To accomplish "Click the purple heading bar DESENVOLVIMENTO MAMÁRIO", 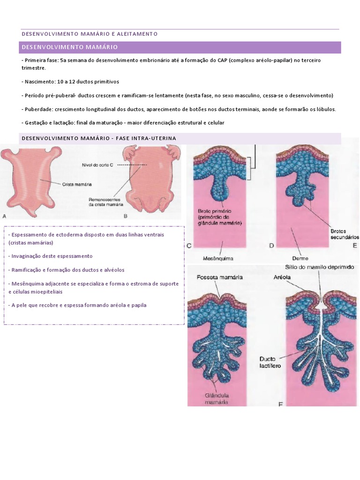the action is pyautogui.click(x=180, y=47).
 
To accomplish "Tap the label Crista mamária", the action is pyautogui.click(x=77, y=184).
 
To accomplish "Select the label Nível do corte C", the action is pyautogui.click(x=97, y=165).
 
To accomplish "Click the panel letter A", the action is pyautogui.click(x=4, y=216).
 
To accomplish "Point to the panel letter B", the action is pyautogui.click(x=126, y=216).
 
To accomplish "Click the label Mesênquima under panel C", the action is pyautogui.click(x=218, y=259).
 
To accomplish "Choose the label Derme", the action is pyautogui.click(x=300, y=258).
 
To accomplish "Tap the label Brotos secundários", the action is pyautogui.click(x=345, y=234).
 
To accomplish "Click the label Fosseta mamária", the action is pyautogui.click(x=219, y=277).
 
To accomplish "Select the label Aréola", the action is pyautogui.click(x=282, y=277).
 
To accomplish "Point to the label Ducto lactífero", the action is pyautogui.click(x=270, y=362).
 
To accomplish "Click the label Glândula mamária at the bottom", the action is pyautogui.click(x=217, y=399).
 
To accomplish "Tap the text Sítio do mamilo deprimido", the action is pyautogui.click(x=319, y=267).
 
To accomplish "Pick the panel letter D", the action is pyautogui.click(x=271, y=246).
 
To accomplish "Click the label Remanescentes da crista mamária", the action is pyautogui.click(x=105, y=202).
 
